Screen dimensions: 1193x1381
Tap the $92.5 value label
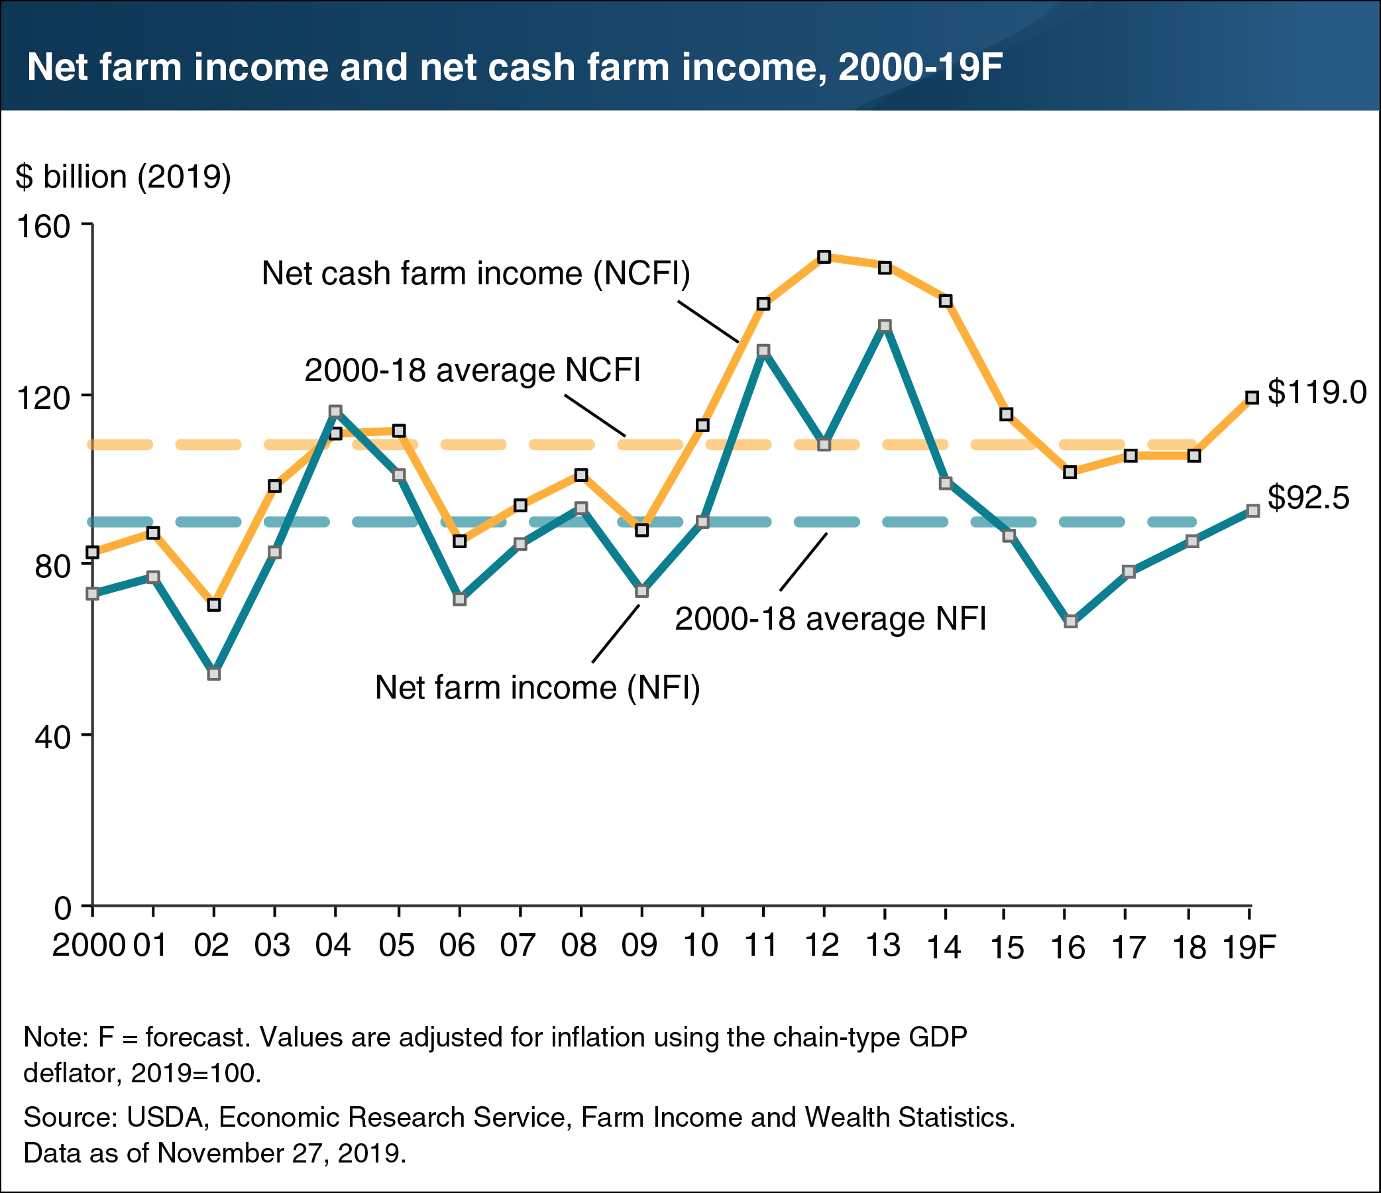(x=1307, y=498)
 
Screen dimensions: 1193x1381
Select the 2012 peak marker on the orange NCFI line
(x=824, y=257)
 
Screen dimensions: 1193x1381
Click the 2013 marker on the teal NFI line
(x=885, y=326)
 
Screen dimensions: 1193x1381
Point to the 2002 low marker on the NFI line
(x=214, y=674)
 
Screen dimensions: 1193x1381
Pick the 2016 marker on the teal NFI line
(x=1070, y=622)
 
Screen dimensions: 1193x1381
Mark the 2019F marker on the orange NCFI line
(x=1252, y=398)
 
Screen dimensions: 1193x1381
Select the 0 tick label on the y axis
(x=63, y=907)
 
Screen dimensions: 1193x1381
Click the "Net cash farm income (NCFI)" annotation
(x=476, y=273)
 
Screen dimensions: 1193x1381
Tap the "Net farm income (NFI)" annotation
(x=537, y=687)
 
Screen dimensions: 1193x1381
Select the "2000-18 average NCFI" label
(x=472, y=370)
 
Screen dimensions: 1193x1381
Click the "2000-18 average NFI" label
(x=830, y=619)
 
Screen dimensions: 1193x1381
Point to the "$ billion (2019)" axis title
(x=123, y=177)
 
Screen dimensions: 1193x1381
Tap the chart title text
(x=514, y=68)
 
